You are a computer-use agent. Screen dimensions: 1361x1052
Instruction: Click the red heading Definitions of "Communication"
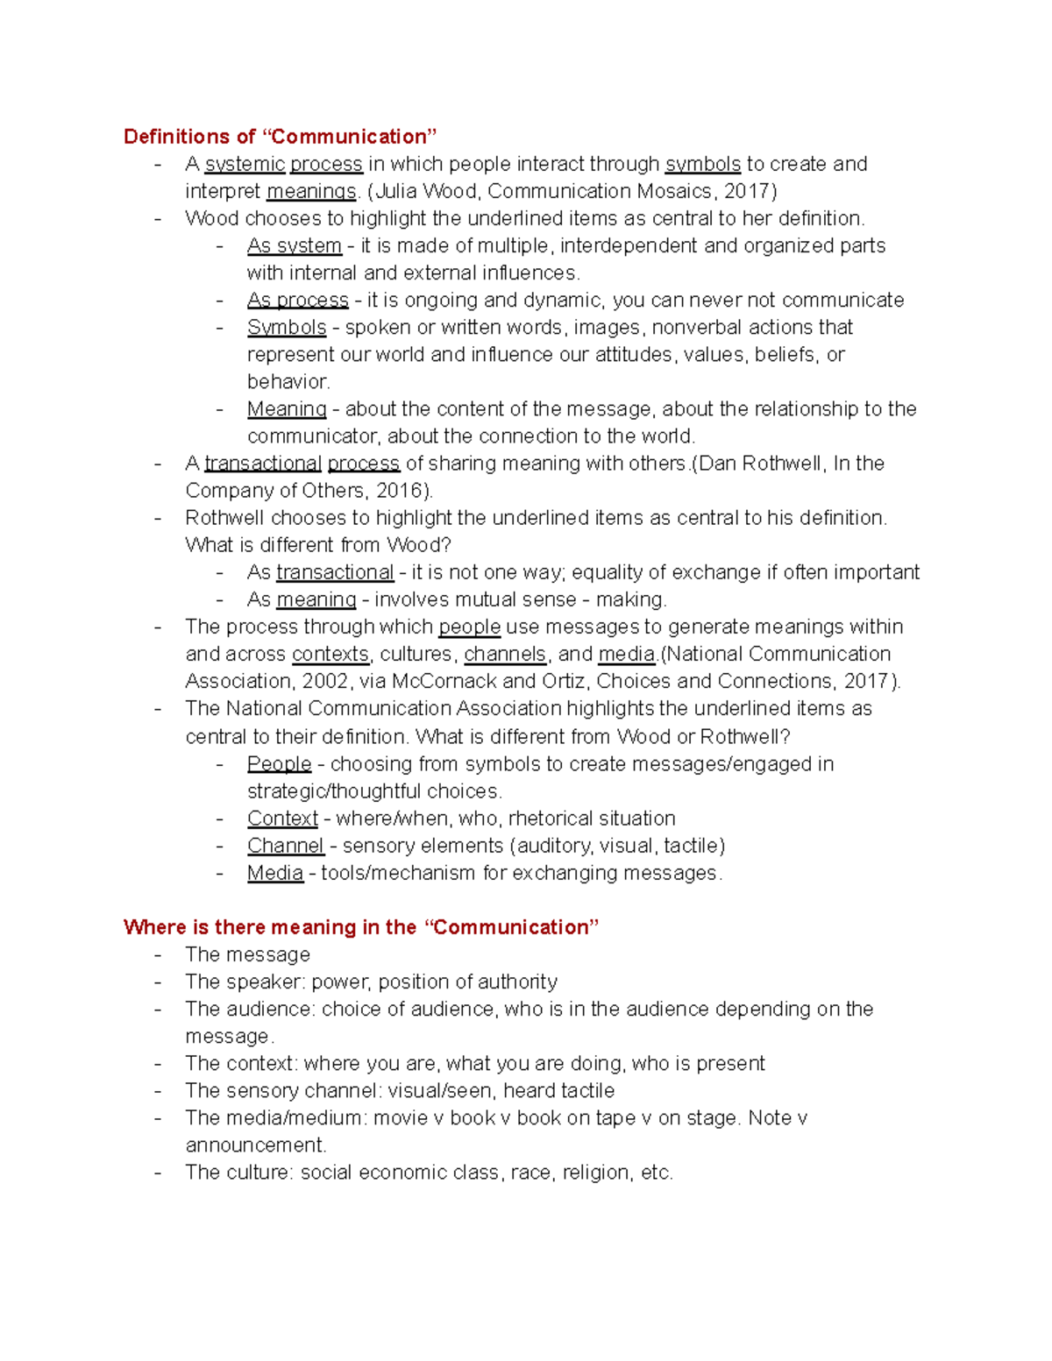(x=280, y=137)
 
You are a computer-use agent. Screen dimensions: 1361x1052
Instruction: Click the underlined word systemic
(x=245, y=164)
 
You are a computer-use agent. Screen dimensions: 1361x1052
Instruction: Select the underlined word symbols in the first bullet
(x=702, y=164)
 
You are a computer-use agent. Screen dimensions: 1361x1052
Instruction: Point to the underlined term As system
(x=294, y=245)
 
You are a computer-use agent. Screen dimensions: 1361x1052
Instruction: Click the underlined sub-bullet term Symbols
(x=286, y=327)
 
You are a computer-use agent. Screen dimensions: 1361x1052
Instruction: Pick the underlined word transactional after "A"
(x=263, y=463)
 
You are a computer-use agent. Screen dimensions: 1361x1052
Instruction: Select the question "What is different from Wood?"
(x=318, y=544)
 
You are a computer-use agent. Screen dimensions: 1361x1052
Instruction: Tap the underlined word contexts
(x=330, y=654)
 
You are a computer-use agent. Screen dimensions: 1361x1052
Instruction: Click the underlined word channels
(x=504, y=654)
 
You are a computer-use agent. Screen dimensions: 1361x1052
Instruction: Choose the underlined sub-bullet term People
(x=279, y=763)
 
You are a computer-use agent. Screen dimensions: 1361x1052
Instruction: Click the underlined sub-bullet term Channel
(x=285, y=845)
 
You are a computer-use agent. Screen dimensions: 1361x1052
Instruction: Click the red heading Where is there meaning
(x=360, y=927)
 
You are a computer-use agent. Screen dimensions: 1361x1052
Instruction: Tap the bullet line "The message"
(x=247, y=954)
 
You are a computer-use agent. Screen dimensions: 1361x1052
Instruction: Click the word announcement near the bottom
(x=254, y=1145)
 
